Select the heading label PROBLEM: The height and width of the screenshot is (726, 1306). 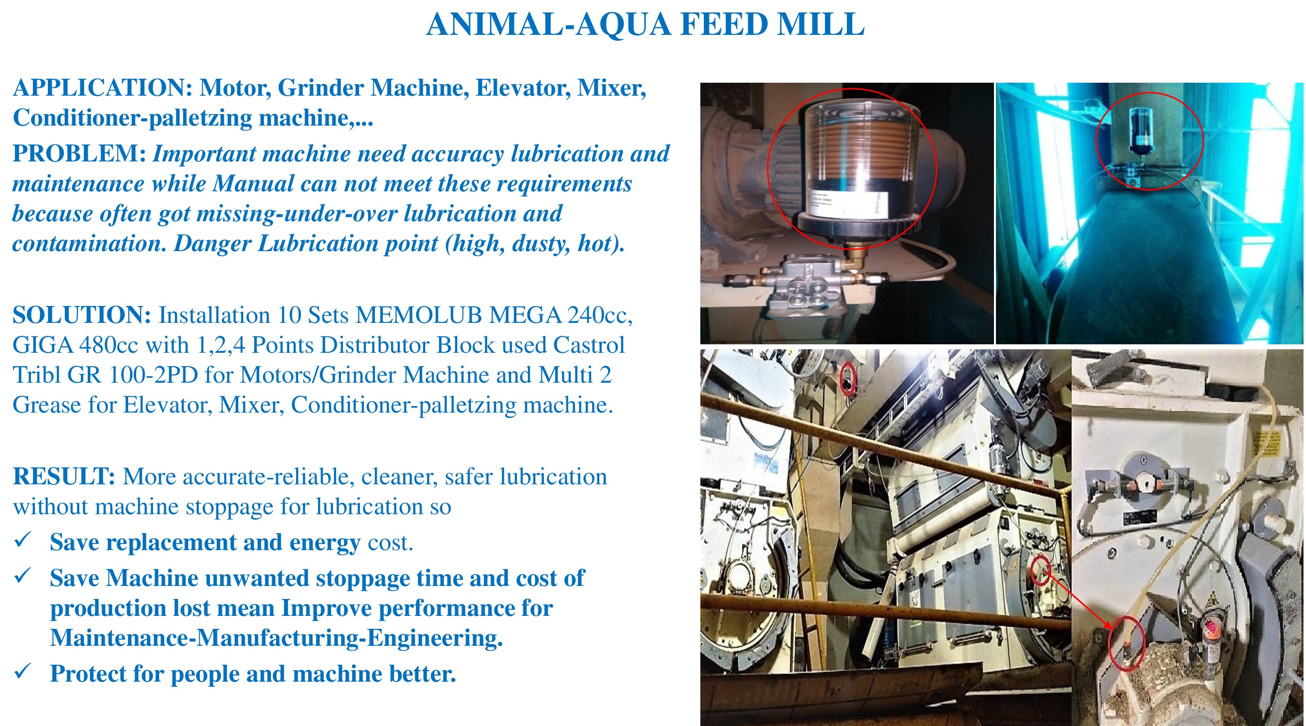(80, 153)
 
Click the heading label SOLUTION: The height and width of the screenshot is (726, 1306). (82, 314)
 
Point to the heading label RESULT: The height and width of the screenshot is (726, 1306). (64, 476)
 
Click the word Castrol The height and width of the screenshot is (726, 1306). (589, 345)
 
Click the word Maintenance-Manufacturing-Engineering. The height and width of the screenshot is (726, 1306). (276, 638)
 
